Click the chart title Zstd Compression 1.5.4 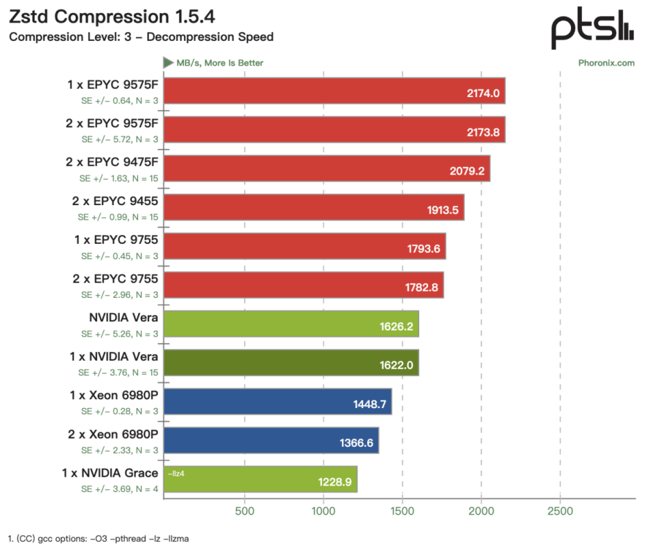pyautogui.click(x=112, y=17)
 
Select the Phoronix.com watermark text pyautogui.click(x=606, y=63)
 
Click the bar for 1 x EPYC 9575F pyautogui.click(x=334, y=91)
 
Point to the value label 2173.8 pyautogui.click(x=483, y=132)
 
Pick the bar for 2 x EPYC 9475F pyautogui.click(x=327, y=168)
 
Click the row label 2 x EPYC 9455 pyautogui.click(x=114, y=201)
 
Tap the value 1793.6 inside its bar pyautogui.click(x=423, y=249)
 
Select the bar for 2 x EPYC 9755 pyautogui.click(x=304, y=285)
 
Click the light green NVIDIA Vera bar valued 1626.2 pyautogui.click(x=291, y=324)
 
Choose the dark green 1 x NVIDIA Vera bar pyautogui.click(x=291, y=363)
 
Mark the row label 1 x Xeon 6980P pyautogui.click(x=114, y=396)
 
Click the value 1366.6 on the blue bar pyautogui.click(x=357, y=443)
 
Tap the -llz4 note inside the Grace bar pyautogui.click(x=176, y=473)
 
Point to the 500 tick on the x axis pyautogui.click(x=245, y=511)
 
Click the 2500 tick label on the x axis pyautogui.click(x=561, y=511)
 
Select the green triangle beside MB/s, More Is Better pyautogui.click(x=168, y=63)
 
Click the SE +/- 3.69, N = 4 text pyautogui.click(x=119, y=489)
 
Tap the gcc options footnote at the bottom pyautogui.click(x=99, y=539)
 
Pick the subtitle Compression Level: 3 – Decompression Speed pyautogui.click(x=141, y=37)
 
